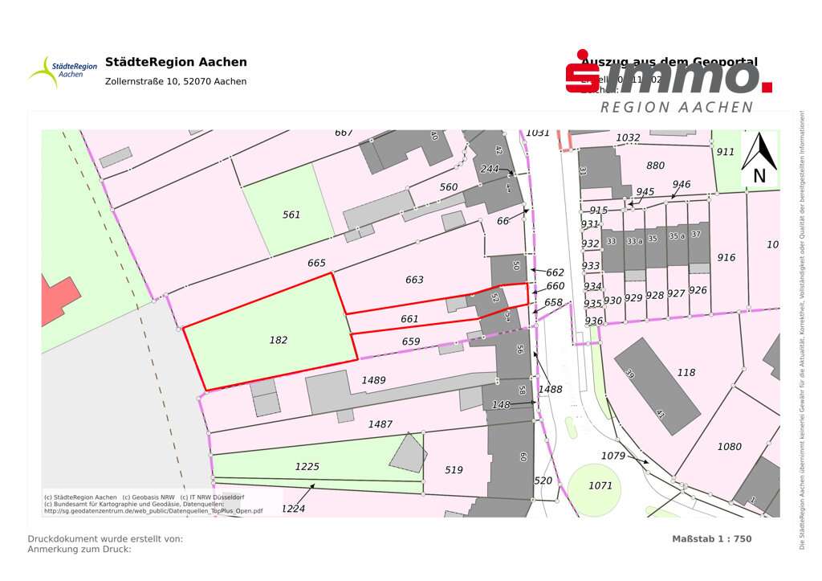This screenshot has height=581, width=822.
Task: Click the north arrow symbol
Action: [759, 158]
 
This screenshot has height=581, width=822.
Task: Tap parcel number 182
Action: [278, 340]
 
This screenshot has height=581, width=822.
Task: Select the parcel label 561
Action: [291, 215]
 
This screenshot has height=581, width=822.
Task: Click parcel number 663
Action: [414, 280]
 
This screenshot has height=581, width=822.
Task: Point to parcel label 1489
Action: [373, 380]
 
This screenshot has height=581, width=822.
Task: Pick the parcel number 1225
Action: [307, 466]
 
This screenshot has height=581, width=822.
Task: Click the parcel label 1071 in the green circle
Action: [600, 485]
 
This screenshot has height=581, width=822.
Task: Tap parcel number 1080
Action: [729, 446]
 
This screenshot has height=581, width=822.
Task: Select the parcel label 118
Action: [686, 372]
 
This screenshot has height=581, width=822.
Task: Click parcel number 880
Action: [655, 166]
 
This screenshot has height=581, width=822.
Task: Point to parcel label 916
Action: [726, 257]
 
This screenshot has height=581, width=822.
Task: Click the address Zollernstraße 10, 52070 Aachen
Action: [176, 81]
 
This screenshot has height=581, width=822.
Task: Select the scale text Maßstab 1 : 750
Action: [711, 538]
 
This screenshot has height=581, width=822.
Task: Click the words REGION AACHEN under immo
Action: [677, 107]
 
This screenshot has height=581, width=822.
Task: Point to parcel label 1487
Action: [380, 423]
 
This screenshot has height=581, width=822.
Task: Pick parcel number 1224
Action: [293, 508]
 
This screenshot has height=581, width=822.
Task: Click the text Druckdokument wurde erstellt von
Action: [105, 538]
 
